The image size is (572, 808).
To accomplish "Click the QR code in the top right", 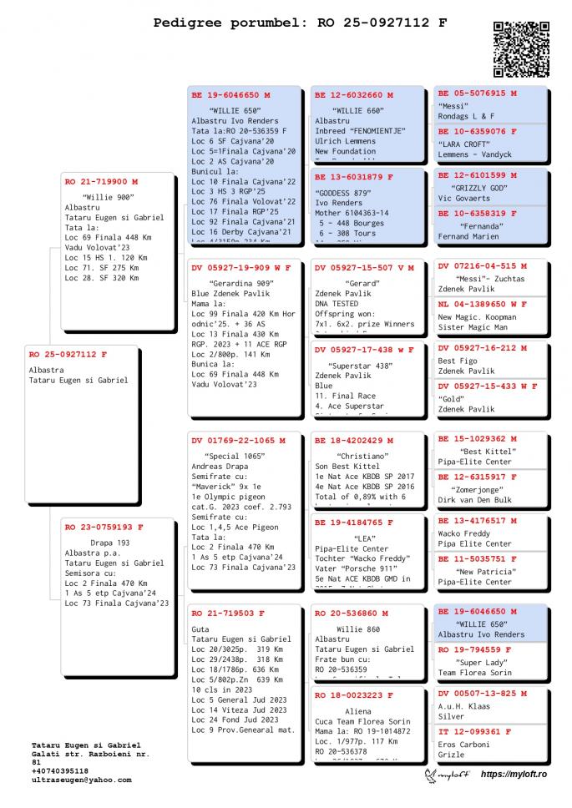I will (521, 50).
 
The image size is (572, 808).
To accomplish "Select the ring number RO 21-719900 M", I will (101, 181).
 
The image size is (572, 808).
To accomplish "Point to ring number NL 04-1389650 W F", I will (483, 305).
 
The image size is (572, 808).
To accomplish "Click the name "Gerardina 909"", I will (230, 283).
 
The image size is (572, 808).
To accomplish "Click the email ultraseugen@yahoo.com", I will (81, 780).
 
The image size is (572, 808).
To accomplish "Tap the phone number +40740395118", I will (59, 770).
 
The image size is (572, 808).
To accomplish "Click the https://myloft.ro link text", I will (514, 775).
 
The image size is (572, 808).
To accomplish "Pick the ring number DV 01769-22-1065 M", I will (238, 440).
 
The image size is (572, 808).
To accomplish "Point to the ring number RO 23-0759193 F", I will (104, 528).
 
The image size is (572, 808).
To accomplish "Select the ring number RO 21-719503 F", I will (228, 613).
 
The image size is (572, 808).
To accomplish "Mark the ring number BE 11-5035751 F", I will (477, 558).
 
